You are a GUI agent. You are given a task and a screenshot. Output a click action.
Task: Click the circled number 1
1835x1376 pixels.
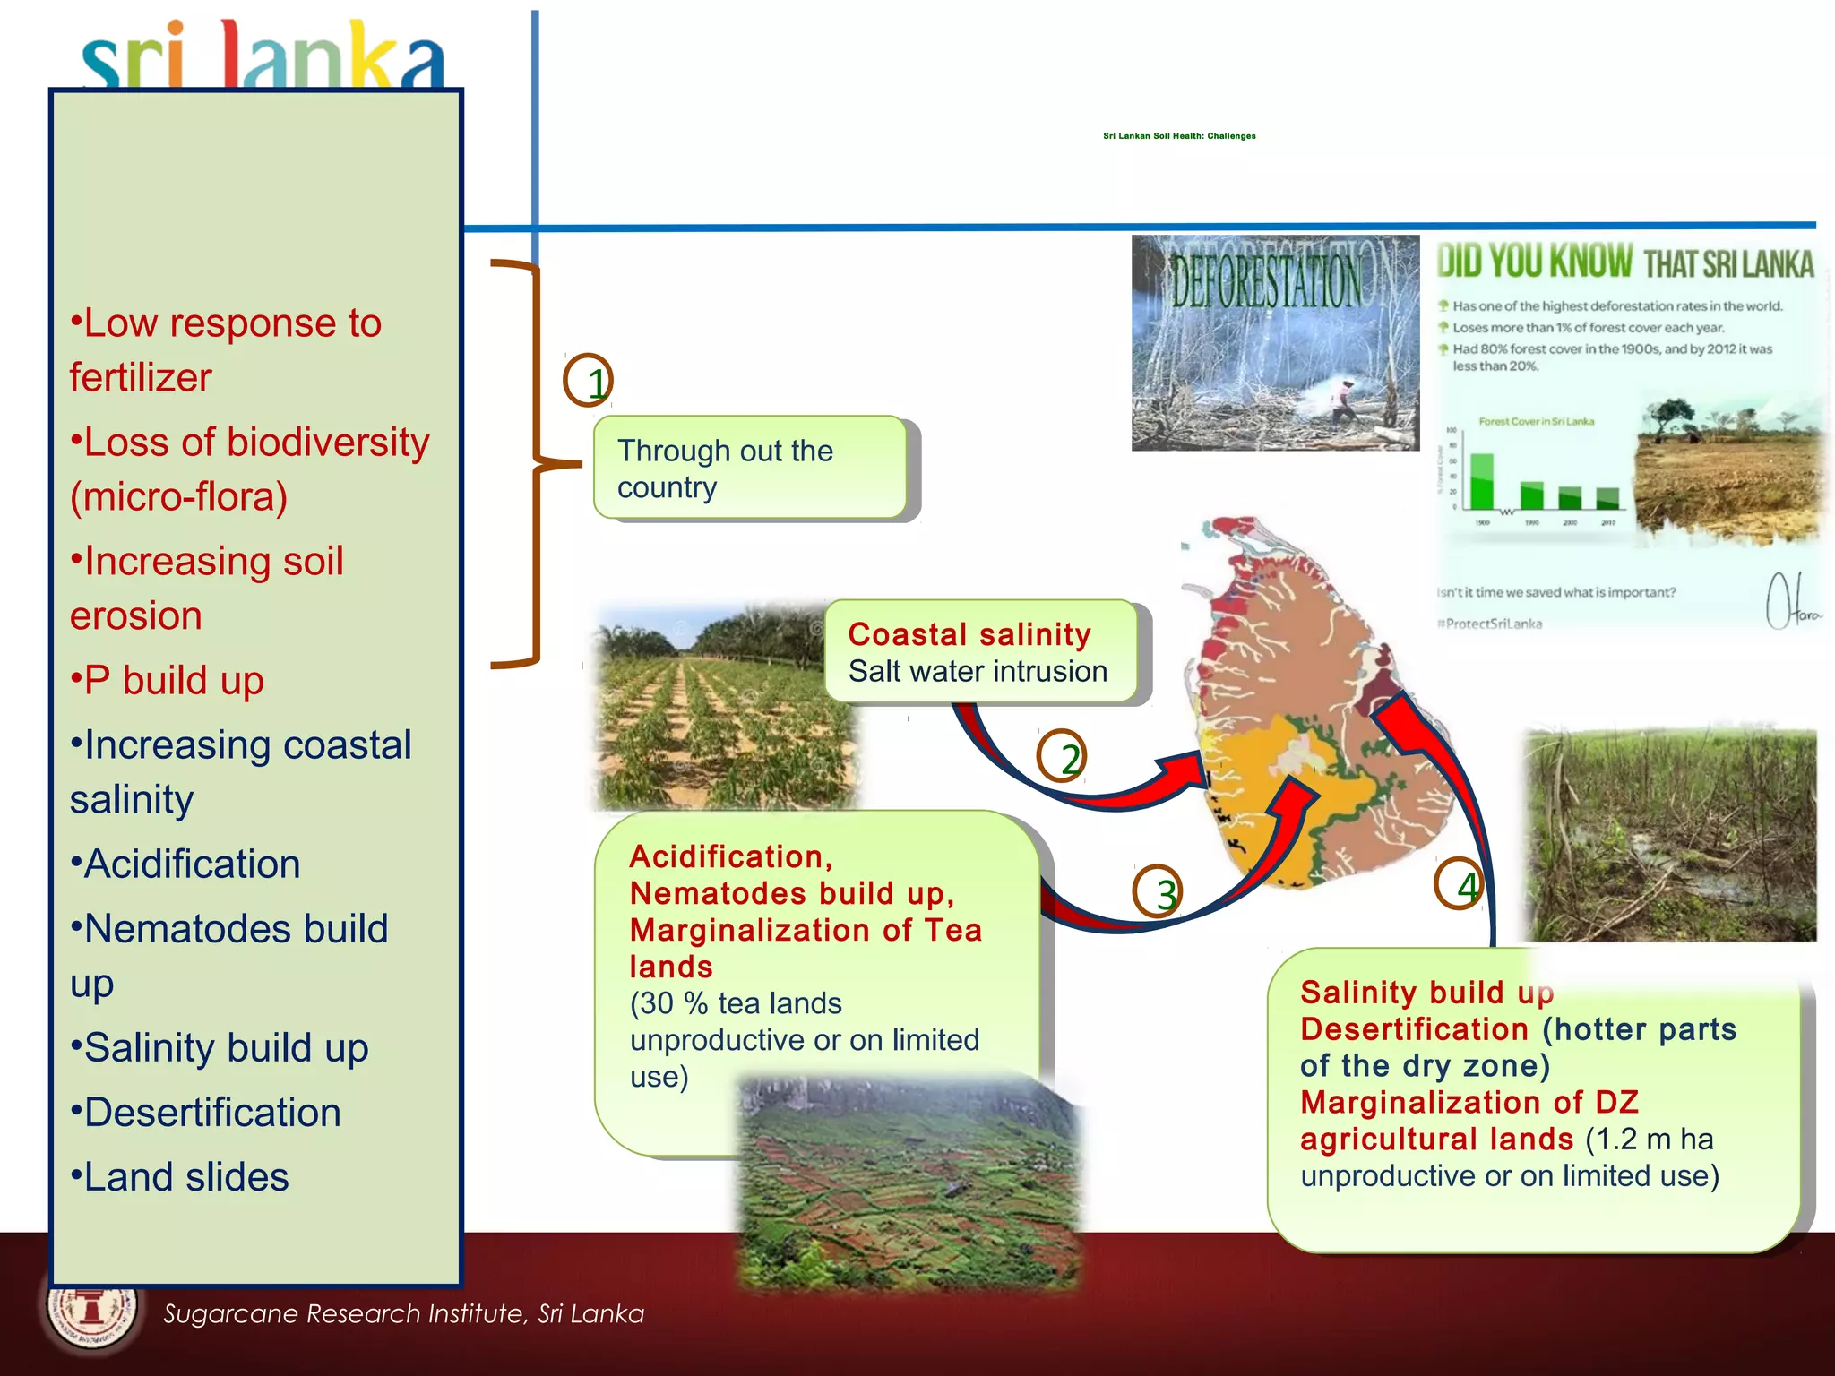(x=589, y=381)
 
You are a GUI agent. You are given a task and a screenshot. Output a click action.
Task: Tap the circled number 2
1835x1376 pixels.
(x=1063, y=757)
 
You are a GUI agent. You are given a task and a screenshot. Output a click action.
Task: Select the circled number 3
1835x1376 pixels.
(x=1158, y=892)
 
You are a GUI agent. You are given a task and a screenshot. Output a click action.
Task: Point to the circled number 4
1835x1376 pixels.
(x=1459, y=884)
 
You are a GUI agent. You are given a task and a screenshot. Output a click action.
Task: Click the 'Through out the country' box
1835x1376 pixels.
(x=750, y=468)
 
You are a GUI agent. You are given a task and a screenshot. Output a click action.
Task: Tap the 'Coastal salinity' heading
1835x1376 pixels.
(x=969, y=634)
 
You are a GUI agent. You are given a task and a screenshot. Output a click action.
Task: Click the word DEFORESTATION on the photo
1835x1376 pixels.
(x=1267, y=281)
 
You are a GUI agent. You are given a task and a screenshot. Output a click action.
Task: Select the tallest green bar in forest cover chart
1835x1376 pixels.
(x=1483, y=482)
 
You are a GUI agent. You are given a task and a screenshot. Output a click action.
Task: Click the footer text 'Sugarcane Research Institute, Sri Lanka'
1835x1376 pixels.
(x=403, y=1314)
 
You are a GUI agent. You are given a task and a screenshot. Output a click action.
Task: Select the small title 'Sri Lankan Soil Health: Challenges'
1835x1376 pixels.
(x=1179, y=136)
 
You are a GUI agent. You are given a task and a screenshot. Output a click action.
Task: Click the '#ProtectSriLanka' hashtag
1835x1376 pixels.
(x=1490, y=623)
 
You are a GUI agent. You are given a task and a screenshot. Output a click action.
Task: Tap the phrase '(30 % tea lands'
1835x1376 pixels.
(x=736, y=1003)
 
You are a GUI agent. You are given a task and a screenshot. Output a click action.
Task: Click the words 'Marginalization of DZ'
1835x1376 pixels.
(x=1469, y=1103)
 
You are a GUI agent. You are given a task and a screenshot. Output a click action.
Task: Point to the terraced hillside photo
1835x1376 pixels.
(x=909, y=1182)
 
